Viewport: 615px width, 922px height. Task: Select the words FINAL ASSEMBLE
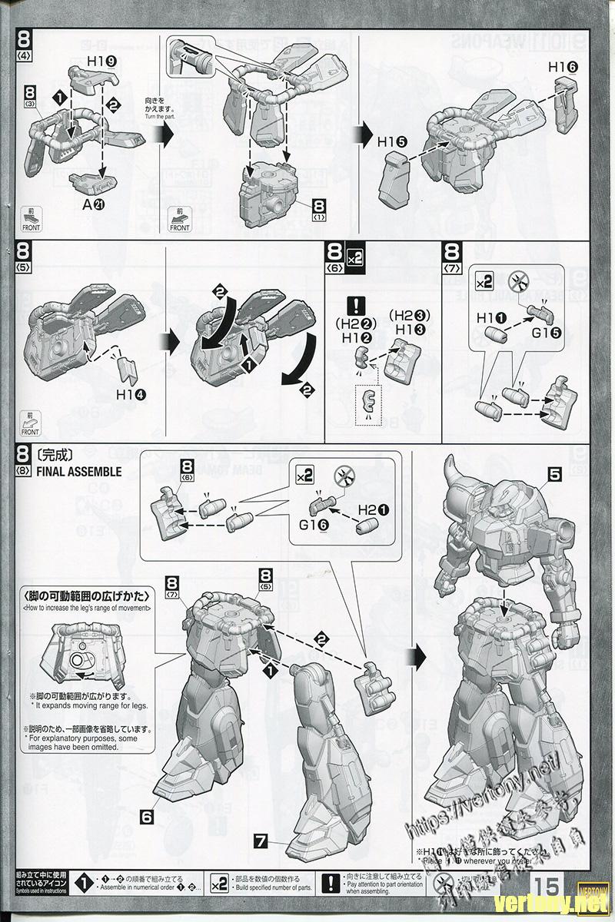[x=78, y=472]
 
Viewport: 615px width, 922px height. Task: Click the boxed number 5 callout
[x=555, y=475]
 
